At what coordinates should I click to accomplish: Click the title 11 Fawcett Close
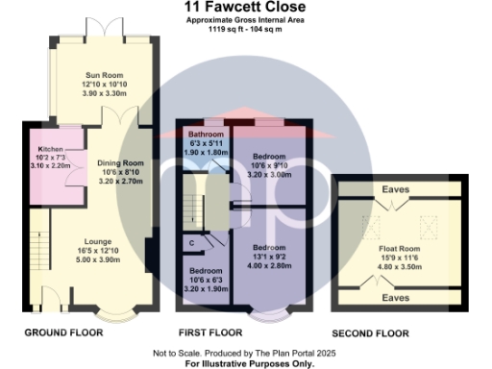pos(246,7)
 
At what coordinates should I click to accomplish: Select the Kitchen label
pos(49,151)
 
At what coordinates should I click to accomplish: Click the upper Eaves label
pos(395,189)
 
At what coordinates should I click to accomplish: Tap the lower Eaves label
pos(395,299)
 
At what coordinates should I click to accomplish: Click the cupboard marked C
pos(192,241)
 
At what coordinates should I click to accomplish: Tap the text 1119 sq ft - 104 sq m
pos(246,29)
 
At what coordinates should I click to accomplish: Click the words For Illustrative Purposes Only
pos(246,362)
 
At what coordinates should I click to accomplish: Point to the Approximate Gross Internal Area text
pos(246,19)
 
